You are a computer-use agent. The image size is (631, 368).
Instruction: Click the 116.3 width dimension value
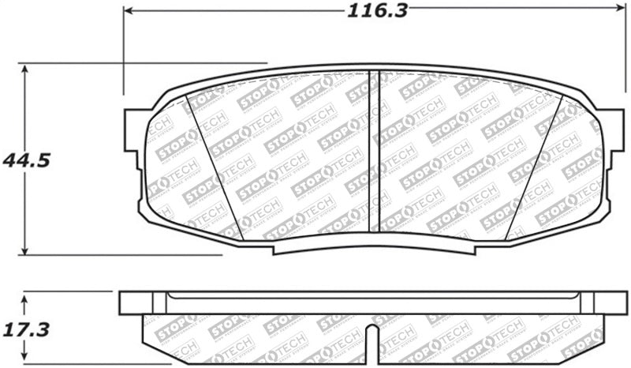tap(367, 12)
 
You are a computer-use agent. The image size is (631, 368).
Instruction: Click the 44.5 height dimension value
tap(27, 160)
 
